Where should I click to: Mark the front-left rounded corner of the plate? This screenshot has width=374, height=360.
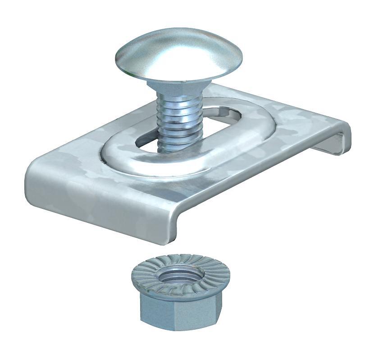pos(34,174)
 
